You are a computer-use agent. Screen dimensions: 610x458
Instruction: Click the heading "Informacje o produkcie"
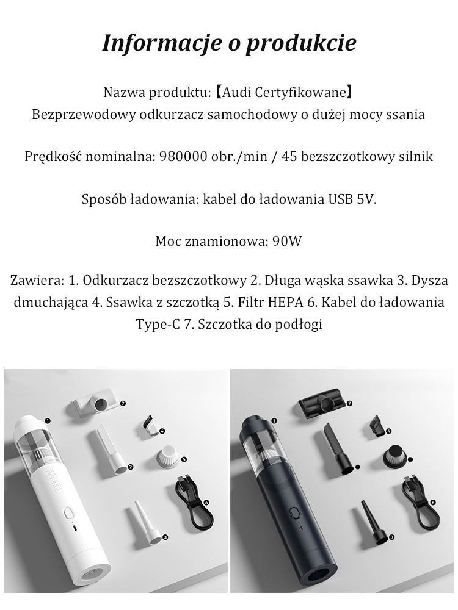click(x=229, y=43)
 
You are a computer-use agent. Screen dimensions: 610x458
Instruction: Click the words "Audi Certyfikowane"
click(x=283, y=93)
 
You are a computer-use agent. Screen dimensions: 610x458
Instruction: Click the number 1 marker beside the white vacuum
click(x=47, y=420)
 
